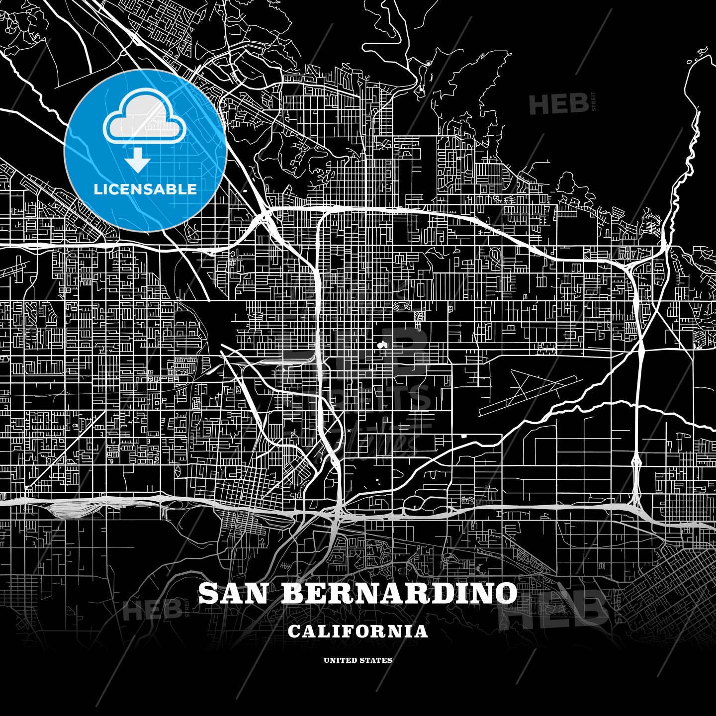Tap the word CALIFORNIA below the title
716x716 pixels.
pyautogui.click(x=358, y=631)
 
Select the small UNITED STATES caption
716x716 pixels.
pyautogui.click(x=358, y=660)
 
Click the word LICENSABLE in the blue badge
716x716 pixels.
pyautogui.click(x=145, y=189)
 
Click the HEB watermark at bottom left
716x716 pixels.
pyautogui.click(x=152, y=609)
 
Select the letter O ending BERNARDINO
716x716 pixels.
pyautogui.click(x=505, y=593)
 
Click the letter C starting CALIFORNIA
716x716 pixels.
pyautogui.click(x=294, y=631)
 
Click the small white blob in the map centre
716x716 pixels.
pyautogui.click(x=381, y=344)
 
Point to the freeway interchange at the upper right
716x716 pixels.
pyautogui.click(x=627, y=267)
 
